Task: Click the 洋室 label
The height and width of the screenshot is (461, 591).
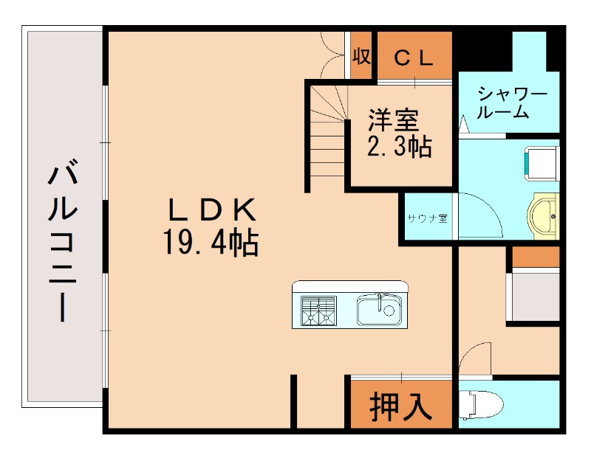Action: point(394,119)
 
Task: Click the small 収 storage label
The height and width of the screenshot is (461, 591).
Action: point(361,57)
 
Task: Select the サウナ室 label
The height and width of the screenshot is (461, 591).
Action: point(427,218)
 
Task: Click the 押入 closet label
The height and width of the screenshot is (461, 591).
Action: point(400,406)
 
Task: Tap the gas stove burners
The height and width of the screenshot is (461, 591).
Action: point(318,310)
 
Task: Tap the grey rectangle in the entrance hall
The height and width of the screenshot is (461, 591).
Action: point(533,297)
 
